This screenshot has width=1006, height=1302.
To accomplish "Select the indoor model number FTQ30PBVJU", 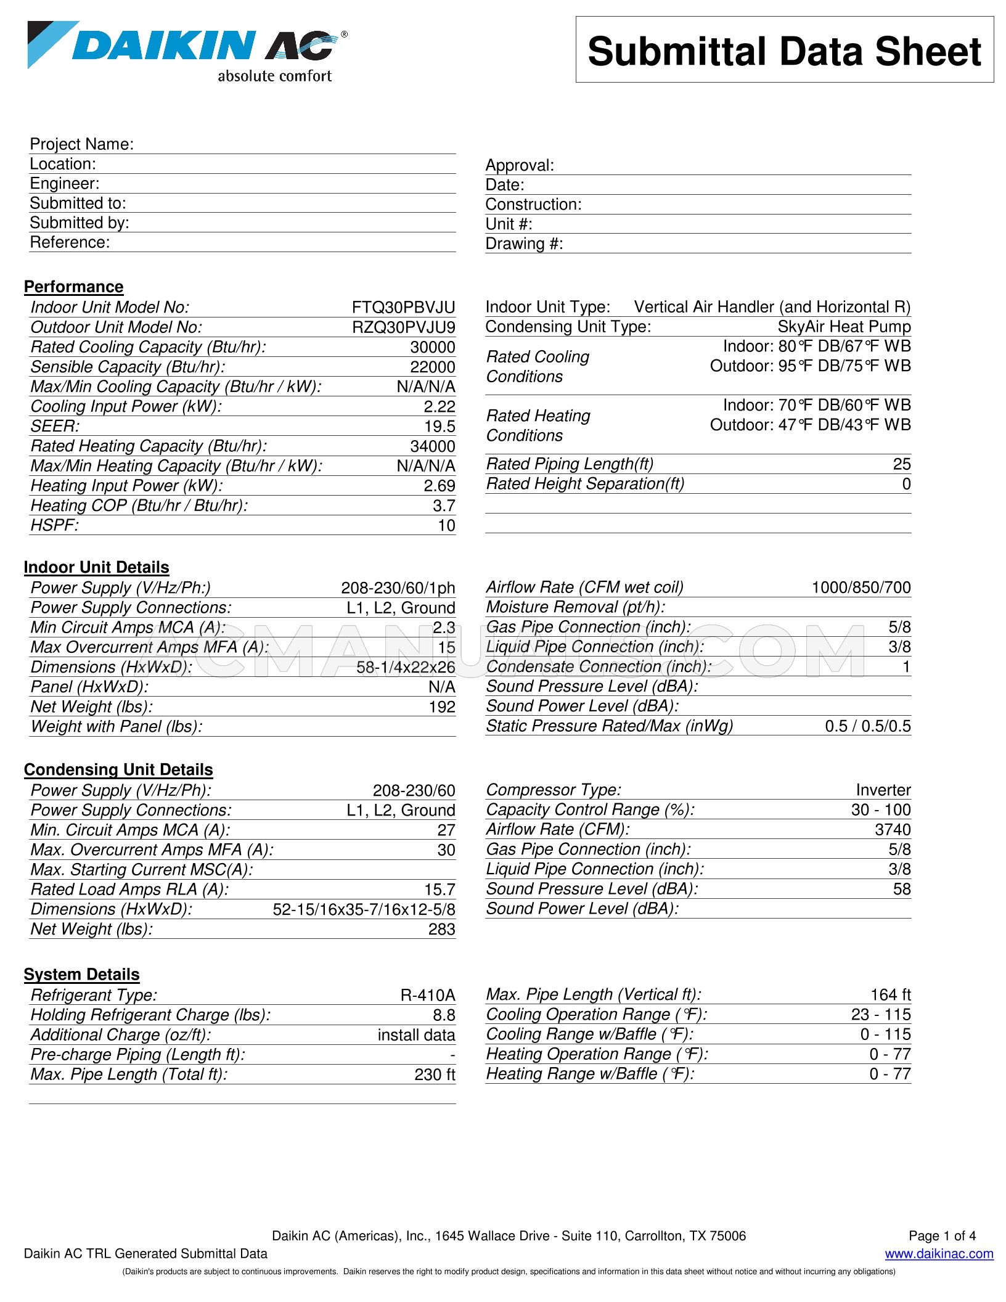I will [403, 308].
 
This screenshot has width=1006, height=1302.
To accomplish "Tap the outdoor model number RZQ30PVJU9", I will [403, 327].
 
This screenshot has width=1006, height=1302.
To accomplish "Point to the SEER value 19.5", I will [440, 427].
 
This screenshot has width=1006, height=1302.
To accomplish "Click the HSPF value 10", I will [446, 525].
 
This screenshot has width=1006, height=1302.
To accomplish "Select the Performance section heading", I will [73, 287].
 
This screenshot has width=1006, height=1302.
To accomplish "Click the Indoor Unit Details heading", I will [96, 567].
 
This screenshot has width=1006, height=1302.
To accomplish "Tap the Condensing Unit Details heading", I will [118, 769].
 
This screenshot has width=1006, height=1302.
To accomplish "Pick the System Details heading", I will [81, 974].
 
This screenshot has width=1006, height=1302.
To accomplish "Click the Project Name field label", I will [81, 144].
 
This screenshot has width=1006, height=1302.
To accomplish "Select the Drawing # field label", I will [524, 244].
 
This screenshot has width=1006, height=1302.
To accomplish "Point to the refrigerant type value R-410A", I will [427, 995].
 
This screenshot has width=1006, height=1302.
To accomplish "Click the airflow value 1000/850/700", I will [861, 588].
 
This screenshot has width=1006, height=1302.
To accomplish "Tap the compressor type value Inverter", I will [883, 790].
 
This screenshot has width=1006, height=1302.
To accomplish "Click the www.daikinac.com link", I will [939, 1253].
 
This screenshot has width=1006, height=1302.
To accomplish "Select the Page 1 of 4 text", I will [942, 1235].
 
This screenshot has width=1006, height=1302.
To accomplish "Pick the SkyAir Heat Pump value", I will [843, 327].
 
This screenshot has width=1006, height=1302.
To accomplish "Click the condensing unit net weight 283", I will [441, 929].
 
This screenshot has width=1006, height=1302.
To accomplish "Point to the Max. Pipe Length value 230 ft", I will [434, 1075].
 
